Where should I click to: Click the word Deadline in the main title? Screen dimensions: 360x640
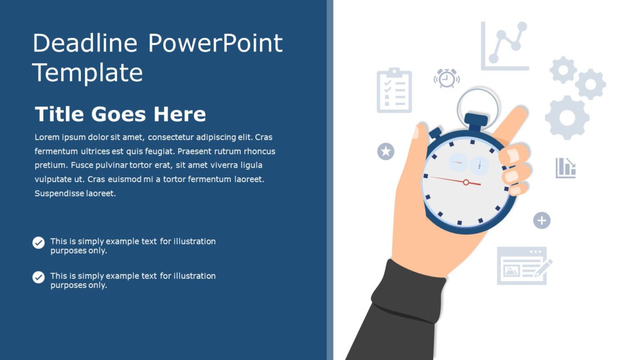(85, 43)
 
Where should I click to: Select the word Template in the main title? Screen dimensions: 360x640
(87, 72)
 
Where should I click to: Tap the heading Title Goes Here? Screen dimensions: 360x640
(120, 114)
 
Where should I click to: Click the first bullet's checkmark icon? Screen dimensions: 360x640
(39, 242)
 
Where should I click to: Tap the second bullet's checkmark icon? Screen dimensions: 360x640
(39, 277)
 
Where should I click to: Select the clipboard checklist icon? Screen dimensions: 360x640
(394, 91)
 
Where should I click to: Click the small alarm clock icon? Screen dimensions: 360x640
(446, 78)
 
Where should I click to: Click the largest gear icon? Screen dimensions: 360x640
(567, 117)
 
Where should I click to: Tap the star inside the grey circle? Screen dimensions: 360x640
(386, 151)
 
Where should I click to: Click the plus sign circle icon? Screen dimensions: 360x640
(541, 220)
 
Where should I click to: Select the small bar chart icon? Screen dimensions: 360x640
(565, 168)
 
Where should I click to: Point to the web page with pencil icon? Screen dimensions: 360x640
(523, 266)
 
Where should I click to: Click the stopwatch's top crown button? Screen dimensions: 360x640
(476, 120)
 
